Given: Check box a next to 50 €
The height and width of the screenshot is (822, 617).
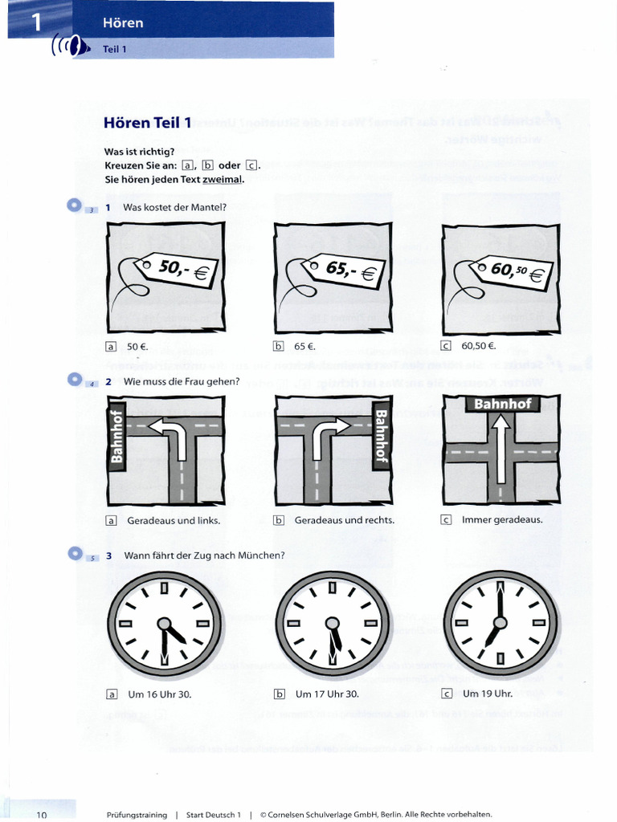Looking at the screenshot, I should point(111,347).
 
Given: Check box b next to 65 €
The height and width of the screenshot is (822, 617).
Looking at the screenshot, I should point(279,347).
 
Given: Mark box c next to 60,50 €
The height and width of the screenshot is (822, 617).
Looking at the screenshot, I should point(446,347).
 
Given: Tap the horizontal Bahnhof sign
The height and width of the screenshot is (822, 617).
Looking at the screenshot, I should point(502,404).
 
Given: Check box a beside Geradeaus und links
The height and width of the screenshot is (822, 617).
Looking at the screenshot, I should point(111,520).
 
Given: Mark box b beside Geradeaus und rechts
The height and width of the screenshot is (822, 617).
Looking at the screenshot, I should point(279,520).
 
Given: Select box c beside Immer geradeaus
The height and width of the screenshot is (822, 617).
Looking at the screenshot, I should point(446,519).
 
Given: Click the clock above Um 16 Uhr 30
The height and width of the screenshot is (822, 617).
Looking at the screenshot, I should point(164,624).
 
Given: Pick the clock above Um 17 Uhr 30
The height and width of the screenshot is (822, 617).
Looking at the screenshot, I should point(332,624).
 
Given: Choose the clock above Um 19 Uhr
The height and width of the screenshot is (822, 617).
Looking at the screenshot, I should point(501,623).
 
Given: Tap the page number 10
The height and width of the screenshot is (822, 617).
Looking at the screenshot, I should point(42,815).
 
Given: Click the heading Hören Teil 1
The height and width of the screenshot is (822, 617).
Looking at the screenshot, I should point(148,123).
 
